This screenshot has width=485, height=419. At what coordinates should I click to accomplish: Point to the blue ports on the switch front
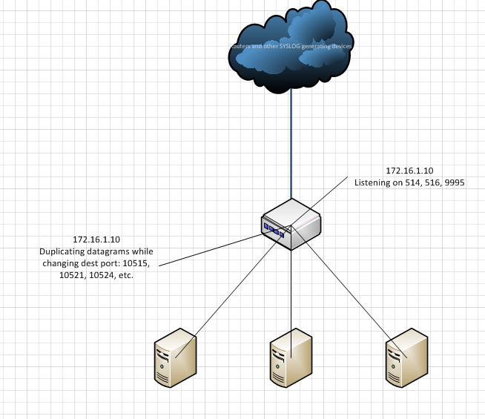click(x=274, y=228)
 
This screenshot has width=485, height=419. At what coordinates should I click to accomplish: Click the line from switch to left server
click(x=230, y=289)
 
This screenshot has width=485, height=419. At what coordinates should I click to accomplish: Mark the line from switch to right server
click(x=349, y=289)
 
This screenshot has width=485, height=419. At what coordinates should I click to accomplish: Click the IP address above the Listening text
click(x=409, y=171)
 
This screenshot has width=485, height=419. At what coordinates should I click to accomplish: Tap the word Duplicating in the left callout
click(x=63, y=252)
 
